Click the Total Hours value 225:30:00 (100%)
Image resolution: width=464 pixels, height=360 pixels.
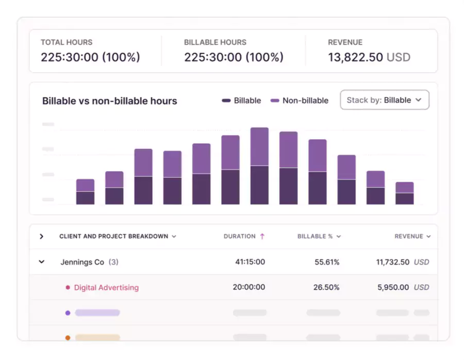90,57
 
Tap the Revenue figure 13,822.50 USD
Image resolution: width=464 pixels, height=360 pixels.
369,57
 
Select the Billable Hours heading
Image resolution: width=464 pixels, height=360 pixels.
215,42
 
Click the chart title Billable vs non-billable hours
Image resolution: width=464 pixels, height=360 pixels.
109,101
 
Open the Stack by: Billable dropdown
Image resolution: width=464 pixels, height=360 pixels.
384,100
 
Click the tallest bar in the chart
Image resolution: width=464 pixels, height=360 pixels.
259,166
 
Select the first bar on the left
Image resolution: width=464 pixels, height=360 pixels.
85,192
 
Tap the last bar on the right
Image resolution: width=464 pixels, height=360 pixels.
404,194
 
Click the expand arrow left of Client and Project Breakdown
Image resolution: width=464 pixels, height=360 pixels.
41,236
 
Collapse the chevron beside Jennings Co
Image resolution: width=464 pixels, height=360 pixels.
41,262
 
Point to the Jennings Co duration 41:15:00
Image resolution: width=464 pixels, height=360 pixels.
250,262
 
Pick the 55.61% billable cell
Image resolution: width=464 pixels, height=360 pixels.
327,262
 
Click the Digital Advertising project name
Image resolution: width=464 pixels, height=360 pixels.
106,287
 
